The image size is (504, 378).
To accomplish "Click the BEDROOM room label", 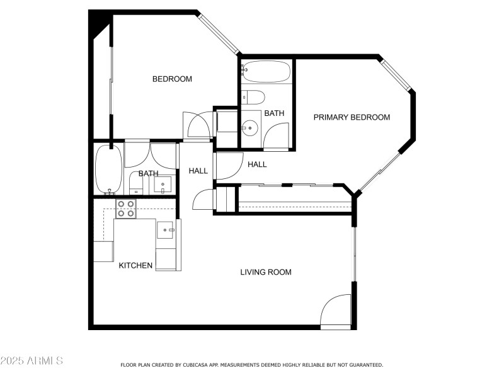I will point(172,79).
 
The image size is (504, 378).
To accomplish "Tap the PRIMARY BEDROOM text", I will point(352,117).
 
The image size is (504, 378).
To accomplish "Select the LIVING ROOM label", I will point(265,272).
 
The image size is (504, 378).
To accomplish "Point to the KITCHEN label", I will point(135,265).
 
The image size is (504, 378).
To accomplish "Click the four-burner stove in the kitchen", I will point(126,209).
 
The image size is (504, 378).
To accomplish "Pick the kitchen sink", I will point(166,229).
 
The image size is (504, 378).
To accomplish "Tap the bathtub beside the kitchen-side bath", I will point(103,169).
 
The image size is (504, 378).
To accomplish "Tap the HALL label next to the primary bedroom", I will point(257,164).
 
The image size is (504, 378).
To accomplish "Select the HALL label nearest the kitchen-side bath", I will point(198,171).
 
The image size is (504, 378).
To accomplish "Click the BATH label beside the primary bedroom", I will point(274,113).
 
